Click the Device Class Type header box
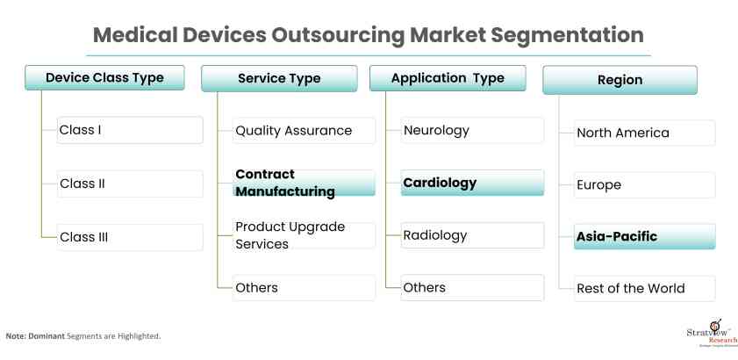104,78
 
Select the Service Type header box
279,78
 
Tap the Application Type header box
448,78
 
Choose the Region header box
620,80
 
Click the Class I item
130,130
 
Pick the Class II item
130,184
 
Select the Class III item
130,237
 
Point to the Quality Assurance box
304,131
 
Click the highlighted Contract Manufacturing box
304,183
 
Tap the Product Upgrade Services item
304,235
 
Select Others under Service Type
304,287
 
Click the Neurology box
472,131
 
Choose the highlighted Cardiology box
472,183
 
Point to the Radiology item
472,235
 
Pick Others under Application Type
472,287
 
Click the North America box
644,133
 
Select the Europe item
644,184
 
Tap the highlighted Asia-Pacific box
644,236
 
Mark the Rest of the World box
644,288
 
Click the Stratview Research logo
712,333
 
